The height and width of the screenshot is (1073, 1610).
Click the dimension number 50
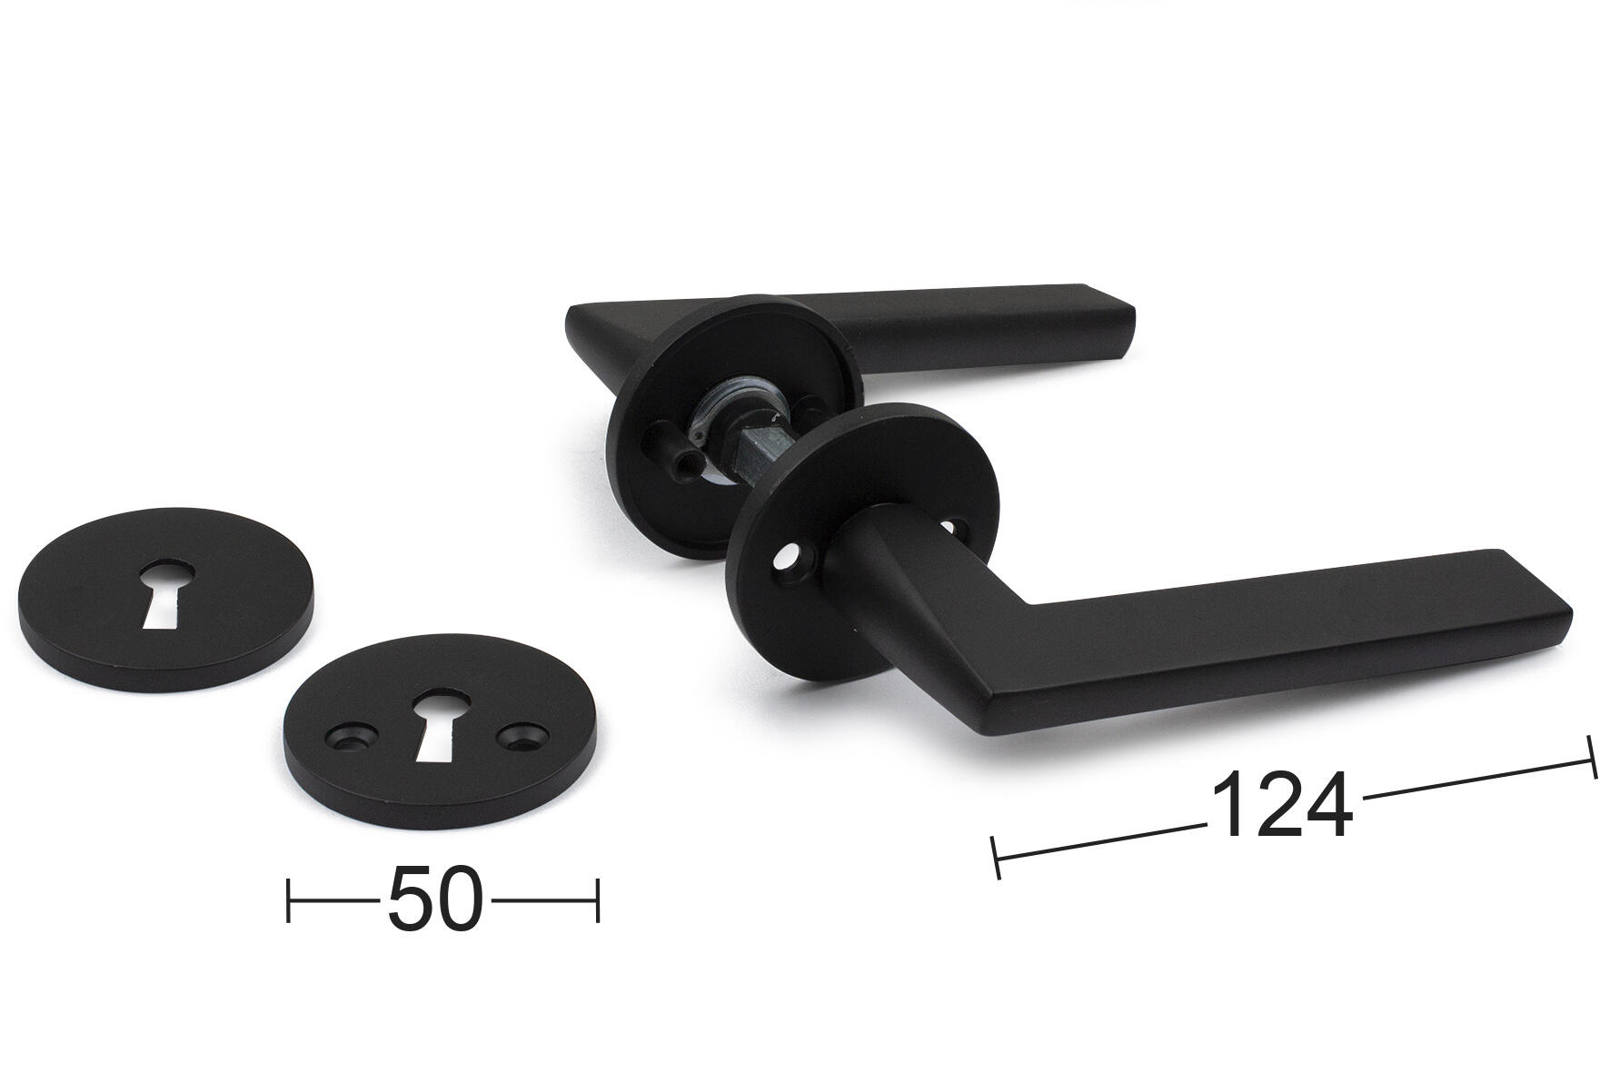point(433,899)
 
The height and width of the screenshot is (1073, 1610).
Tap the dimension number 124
point(1282,805)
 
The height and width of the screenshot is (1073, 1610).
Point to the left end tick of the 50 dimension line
point(288,899)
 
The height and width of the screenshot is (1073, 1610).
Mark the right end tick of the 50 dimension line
point(597,899)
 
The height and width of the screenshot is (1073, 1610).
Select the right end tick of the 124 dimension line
point(1591,757)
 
